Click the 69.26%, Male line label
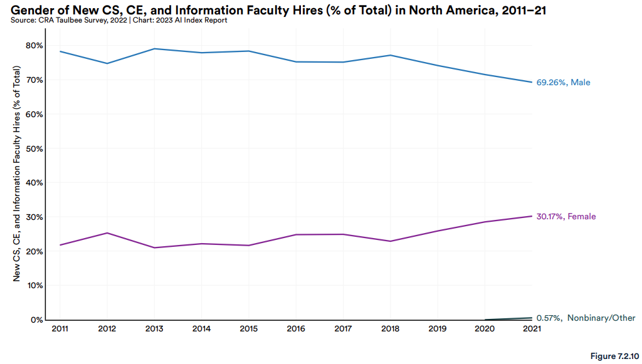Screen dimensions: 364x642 [563, 82]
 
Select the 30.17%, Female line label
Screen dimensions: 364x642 [566, 217]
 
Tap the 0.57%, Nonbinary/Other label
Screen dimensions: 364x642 [586, 318]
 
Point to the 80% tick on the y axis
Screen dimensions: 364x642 [34, 46]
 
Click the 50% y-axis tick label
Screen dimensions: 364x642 [34, 148]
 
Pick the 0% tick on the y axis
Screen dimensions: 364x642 [36, 320]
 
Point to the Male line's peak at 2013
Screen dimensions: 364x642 [154, 49]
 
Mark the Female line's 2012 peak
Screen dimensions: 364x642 [107, 233]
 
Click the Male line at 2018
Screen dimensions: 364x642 [391, 55]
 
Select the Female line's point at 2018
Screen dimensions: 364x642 [391, 241]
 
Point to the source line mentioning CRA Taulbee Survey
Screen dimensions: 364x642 [118, 20]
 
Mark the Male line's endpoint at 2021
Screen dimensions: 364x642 [532, 82]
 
